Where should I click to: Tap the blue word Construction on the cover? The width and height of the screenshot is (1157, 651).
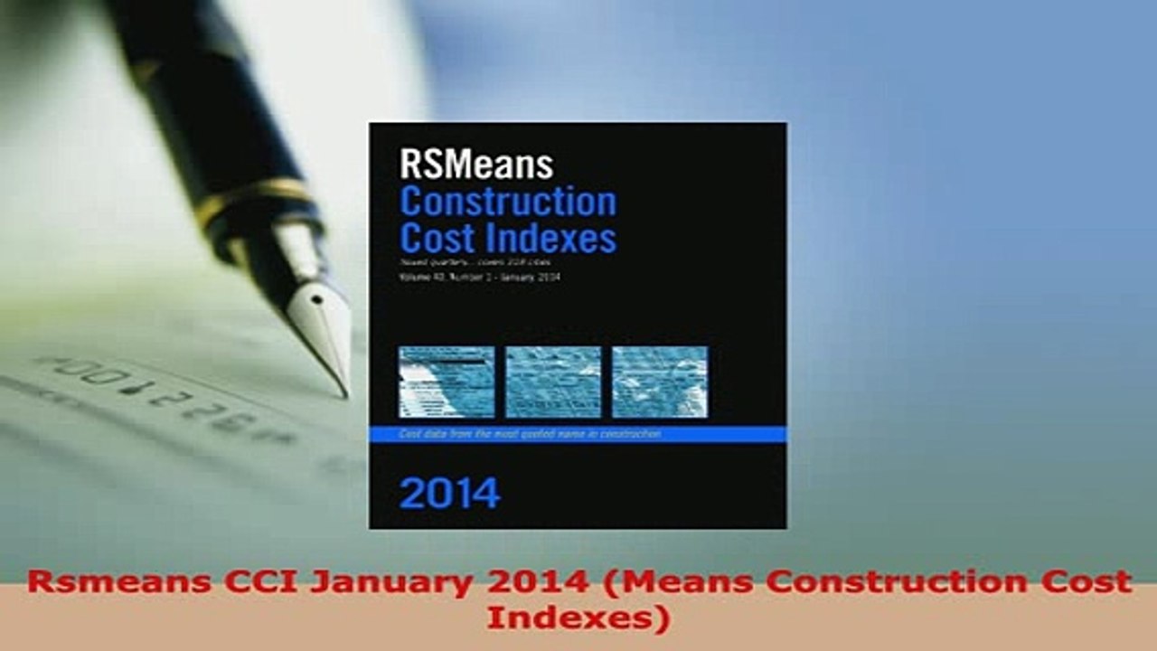(508, 202)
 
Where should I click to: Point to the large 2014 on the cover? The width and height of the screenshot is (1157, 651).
(449, 494)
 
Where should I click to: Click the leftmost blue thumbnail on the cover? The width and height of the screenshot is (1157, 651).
(447, 382)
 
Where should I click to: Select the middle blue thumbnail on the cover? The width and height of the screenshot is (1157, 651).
(553, 382)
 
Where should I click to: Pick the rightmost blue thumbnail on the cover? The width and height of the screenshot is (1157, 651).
(660, 382)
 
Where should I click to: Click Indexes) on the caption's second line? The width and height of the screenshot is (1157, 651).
(578, 618)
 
